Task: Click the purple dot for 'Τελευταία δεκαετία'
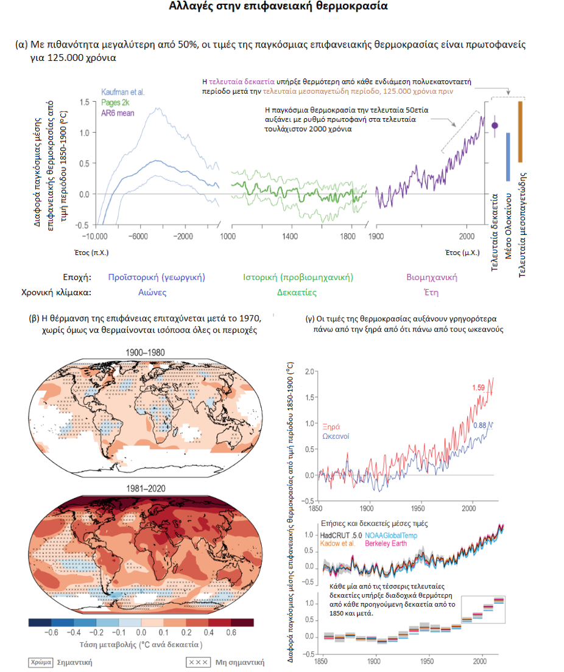(x=495, y=125)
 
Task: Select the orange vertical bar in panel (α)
(x=520, y=131)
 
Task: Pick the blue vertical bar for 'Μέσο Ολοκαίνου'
(x=508, y=156)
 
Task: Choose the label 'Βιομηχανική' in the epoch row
(x=432, y=278)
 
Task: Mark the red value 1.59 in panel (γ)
(x=479, y=387)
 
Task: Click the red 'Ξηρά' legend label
(x=332, y=425)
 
